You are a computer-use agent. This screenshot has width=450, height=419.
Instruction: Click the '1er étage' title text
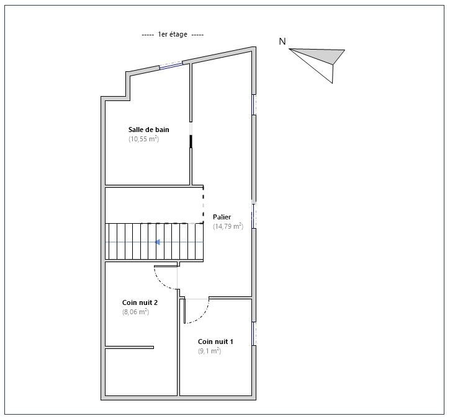click(173, 34)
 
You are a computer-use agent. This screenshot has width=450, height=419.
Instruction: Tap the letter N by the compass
click(282, 42)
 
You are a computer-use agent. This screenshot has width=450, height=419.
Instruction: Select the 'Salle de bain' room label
click(149, 130)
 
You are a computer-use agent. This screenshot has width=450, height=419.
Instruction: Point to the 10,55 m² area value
click(143, 139)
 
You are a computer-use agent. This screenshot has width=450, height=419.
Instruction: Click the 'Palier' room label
click(222, 217)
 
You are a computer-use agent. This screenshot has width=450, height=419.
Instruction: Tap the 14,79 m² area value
click(228, 226)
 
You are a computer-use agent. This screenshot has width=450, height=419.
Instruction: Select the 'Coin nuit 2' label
click(140, 302)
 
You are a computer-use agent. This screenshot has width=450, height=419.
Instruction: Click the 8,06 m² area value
click(135, 312)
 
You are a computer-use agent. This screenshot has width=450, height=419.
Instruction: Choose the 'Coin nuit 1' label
click(215, 342)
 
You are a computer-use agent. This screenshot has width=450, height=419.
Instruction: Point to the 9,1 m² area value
click(210, 351)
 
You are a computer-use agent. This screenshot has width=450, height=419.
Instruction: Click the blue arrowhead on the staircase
click(157, 242)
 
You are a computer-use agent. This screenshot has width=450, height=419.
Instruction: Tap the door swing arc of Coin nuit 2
click(161, 283)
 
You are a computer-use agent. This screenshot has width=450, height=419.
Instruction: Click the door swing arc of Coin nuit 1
click(202, 317)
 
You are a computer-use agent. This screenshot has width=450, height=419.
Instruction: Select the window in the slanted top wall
click(171, 65)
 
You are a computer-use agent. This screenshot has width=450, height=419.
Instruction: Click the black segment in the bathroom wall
click(191, 141)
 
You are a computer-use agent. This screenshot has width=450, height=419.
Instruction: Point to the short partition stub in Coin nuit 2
click(130, 347)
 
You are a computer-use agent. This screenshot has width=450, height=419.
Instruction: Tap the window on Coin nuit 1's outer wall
click(254, 333)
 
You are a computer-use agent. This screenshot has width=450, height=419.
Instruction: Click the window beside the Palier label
click(254, 216)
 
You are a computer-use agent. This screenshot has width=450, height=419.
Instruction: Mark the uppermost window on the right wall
click(254, 105)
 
